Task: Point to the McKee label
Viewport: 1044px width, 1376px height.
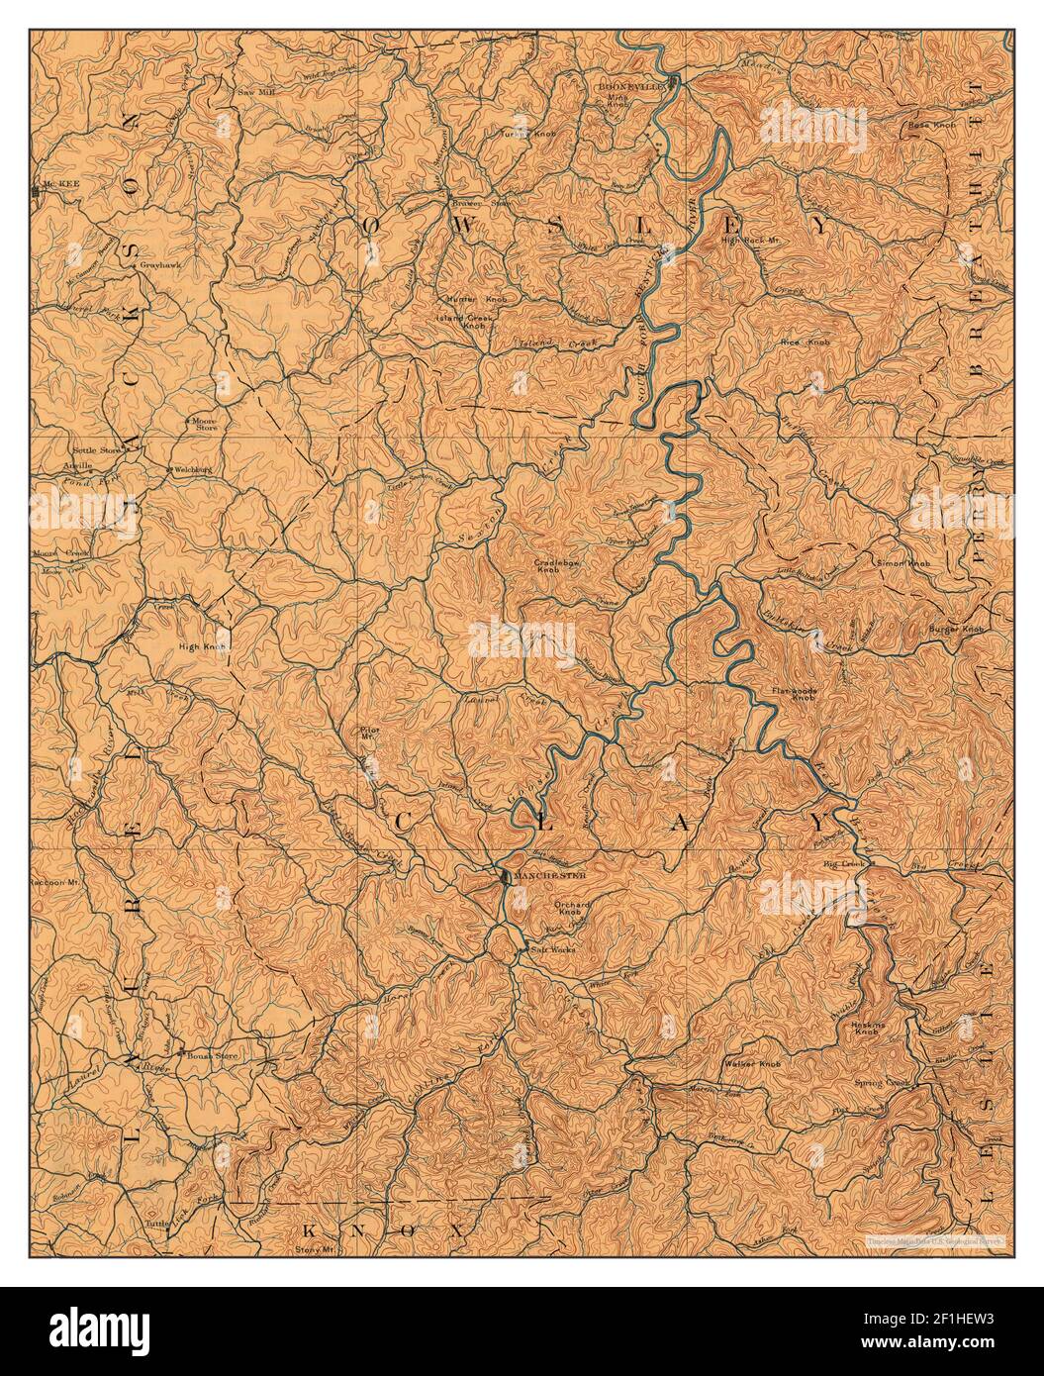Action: click(x=53, y=185)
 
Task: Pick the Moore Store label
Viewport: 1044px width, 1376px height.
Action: click(x=204, y=424)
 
